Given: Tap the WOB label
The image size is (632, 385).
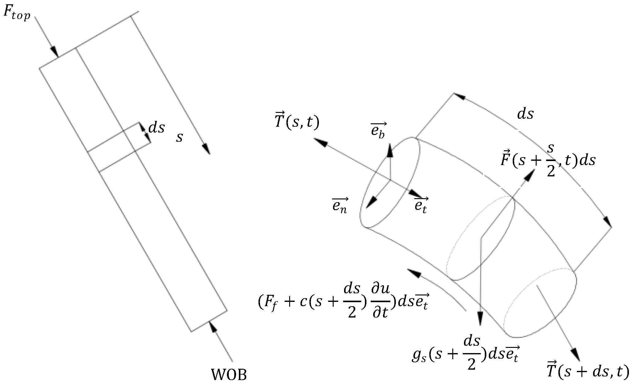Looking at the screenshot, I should [x=229, y=374].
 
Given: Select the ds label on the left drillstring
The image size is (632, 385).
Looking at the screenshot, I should [x=156, y=128].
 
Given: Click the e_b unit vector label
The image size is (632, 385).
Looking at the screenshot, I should [x=378, y=130].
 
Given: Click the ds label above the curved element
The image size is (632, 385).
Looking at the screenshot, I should [x=526, y=114].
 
